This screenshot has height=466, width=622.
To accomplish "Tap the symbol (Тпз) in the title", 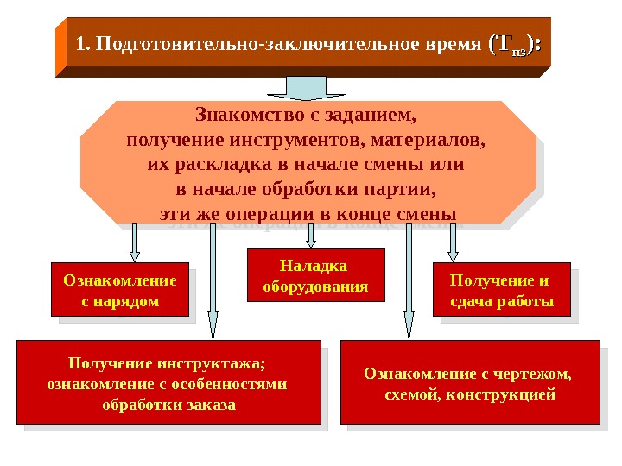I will (x=515, y=44).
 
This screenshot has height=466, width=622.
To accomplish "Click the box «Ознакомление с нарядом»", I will (x=120, y=290).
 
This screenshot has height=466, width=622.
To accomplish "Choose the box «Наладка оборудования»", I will (x=314, y=275).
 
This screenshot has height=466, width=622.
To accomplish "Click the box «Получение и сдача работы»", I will (x=501, y=290).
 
